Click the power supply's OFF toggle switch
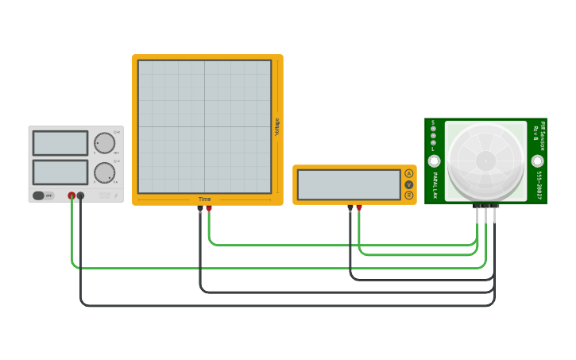[43, 195]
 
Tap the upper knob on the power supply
[104, 143]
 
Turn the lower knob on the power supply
[104, 172]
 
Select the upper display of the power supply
[60, 143]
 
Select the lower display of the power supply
[60, 172]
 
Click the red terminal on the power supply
[72, 195]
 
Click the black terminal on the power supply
[80, 195]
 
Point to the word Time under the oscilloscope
[204, 199]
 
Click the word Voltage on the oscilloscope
[277, 127]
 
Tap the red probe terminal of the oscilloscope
[209, 208]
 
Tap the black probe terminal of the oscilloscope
[200, 208]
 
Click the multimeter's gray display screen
[349, 184]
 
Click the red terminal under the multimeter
[359, 208]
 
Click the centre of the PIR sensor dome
[485, 161]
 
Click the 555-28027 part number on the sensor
[539, 185]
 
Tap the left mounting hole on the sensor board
[434, 161]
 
